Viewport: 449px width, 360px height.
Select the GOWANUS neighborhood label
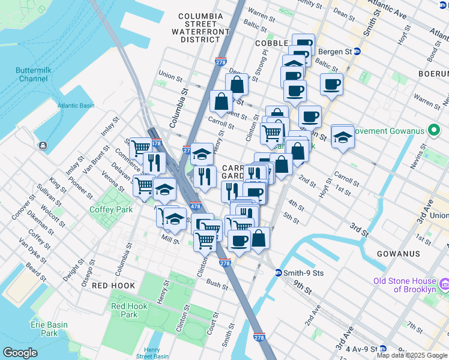pos(398,254)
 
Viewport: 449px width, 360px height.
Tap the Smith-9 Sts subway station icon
pos(279,273)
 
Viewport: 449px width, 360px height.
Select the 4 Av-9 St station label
pos(365,349)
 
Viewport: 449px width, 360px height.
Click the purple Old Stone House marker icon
pos(444,283)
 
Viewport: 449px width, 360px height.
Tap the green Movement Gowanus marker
pos(431,131)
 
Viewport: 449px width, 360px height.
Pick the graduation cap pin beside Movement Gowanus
pos(343,138)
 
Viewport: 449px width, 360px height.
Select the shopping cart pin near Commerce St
pos(140,148)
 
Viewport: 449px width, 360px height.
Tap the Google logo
pos(20,352)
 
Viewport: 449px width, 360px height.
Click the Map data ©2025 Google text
pos(411,355)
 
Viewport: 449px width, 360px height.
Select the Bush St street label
pos(216,283)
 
